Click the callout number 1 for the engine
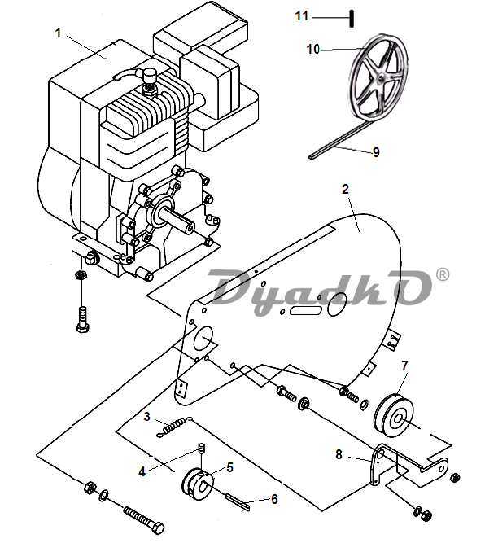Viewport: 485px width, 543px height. (58, 33)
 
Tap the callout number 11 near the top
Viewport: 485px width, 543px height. (302, 16)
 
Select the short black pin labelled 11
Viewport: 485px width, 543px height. (352, 19)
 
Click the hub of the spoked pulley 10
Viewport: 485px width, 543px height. (380, 79)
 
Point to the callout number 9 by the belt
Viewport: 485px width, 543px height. (376, 152)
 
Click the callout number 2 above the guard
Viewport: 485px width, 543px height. (345, 189)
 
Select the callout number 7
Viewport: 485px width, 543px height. (404, 366)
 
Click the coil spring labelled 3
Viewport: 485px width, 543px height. (174, 427)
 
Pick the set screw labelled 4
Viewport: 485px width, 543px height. (200, 448)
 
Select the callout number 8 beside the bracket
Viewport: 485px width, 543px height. (339, 454)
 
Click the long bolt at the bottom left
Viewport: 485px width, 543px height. (144, 520)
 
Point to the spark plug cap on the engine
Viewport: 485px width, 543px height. (150, 74)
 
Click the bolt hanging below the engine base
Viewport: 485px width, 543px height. (83, 319)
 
